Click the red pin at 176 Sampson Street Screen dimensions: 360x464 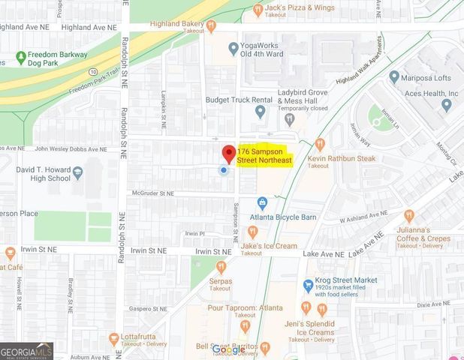(x=227, y=152)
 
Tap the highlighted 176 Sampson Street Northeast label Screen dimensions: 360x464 (x=264, y=156)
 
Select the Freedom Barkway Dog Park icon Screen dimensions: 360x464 (x=20, y=56)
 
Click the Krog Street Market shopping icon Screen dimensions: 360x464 (x=308, y=285)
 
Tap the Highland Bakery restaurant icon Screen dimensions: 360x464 (x=212, y=24)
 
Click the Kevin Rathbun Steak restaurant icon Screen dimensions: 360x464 (x=319, y=142)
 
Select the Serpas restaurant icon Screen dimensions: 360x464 (x=221, y=266)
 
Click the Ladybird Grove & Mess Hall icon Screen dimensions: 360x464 (x=260, y=112)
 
